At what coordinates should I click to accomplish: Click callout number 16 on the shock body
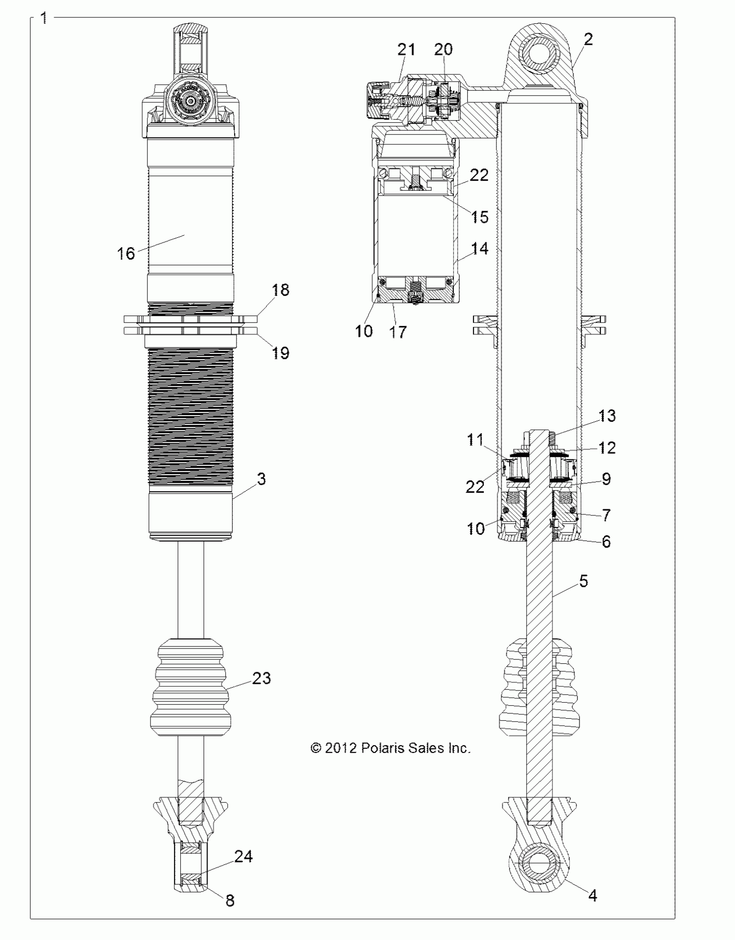pyautogui.click(x=126, y=253)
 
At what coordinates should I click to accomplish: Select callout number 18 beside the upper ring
pyautogui.click(x=281, y=290)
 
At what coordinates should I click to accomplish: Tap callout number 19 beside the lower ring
pyautogui.click(x=281, y=353)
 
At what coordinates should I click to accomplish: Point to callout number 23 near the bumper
pyautogui.click(x=261, y=678)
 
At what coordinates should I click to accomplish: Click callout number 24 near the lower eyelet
pyautogui.click(x=243, y=856)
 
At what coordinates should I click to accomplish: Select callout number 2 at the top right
pyautogui.click(x=588, y=40)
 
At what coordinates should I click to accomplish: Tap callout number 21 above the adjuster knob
pyautogui.click(x=406, y=49)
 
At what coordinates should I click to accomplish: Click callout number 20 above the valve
pyautogui.click(x=443, y=49)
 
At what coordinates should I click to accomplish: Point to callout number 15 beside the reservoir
pyautogui.click(x=479, y=217)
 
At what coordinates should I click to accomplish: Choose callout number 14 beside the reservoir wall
pyautogui.click(x=479, y=249)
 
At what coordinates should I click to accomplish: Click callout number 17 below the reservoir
pyautogui.click(x=398, y=332)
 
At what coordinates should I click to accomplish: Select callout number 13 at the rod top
pyautogui.click(x=607, y=416)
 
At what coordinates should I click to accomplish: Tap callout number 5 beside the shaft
pyautogui.click(x=583, y=581)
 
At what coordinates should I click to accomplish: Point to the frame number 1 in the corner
pyautogui.click(x=43, y=18)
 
